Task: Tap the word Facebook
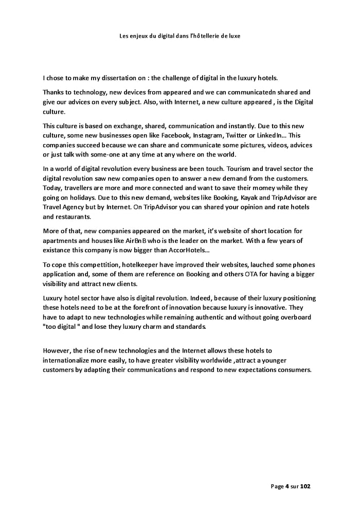pos(177,136)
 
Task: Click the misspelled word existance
pos(58,250)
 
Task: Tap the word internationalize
pos(70,360)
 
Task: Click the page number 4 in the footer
pos(287,486)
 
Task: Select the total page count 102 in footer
pos(305,486)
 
